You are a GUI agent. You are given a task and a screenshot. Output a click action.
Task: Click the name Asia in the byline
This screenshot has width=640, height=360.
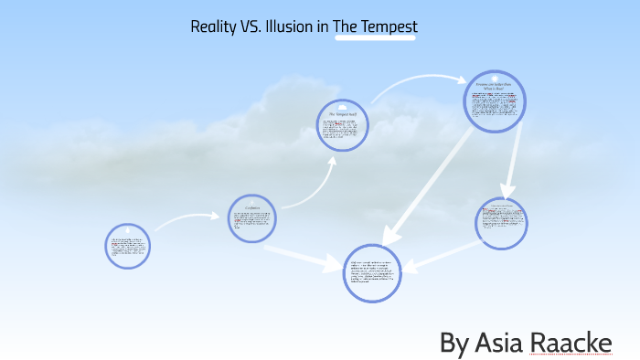(500, 344)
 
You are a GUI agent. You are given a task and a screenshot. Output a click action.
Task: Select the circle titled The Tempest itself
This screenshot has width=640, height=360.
(342, 124)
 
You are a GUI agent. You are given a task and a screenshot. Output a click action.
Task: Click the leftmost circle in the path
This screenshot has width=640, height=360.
(127, 246)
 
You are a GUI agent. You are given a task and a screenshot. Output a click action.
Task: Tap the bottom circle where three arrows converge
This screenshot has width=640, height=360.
(373, 273)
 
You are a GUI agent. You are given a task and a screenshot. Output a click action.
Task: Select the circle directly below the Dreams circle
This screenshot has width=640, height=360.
(501, 224)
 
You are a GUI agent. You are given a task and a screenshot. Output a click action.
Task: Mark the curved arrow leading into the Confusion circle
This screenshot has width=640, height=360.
(187, 219)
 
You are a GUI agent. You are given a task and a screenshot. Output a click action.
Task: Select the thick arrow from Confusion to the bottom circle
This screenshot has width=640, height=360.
(302, 257)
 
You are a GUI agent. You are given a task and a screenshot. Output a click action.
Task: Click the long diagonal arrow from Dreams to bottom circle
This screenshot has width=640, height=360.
(430, 183)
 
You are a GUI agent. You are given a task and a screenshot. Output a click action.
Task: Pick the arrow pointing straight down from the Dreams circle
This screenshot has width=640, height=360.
(508, 164)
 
